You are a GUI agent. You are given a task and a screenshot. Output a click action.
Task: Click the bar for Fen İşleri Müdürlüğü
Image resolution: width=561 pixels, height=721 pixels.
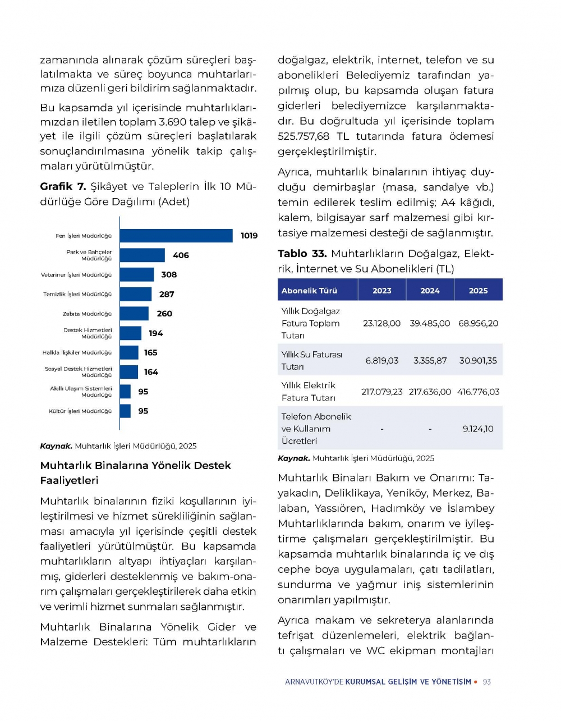pos(176,236)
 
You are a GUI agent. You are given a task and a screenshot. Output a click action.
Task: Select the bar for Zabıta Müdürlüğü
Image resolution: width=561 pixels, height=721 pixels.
pos(134,314)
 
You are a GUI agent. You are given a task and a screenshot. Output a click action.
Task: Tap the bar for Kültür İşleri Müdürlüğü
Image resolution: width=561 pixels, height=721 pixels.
pos(125,411)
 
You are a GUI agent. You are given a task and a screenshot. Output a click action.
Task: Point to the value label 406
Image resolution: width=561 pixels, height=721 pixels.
pos(181,255)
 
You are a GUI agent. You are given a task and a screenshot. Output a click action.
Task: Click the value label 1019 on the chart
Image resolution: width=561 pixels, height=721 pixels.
pos(249,236)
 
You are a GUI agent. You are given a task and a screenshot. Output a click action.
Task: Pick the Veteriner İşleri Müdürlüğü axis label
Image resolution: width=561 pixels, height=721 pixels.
pos(76,275)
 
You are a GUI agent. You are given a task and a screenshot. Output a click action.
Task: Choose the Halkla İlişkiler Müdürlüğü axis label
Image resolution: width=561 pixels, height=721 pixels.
pos(77,353)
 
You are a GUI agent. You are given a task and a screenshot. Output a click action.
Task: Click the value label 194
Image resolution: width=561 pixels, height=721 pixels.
pos(155,333)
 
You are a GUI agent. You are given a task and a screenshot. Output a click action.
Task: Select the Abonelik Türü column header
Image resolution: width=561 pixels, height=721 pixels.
pos(309,291)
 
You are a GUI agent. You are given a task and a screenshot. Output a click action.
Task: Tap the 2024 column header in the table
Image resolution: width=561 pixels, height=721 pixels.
pos(430,291)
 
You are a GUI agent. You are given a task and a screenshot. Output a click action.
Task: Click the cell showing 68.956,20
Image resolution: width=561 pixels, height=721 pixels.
pos(478,323)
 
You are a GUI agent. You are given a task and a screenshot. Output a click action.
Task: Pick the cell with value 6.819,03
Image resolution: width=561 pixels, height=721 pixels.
pos(381,361)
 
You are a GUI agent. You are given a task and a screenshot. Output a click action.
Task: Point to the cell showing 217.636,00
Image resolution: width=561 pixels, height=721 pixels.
pos(430,392)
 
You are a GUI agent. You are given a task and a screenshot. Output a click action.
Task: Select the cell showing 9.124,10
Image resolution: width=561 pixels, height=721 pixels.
pos(478,429)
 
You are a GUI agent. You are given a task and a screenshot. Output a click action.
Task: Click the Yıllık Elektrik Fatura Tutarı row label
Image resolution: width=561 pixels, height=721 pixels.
pos(309,392)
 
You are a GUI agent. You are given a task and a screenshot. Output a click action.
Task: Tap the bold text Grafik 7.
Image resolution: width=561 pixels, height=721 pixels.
pos(63,186)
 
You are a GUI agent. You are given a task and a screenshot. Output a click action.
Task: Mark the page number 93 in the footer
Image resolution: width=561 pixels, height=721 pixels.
pos(486,682)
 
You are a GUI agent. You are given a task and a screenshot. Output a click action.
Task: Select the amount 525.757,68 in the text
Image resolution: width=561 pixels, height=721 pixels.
pos(304,136)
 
